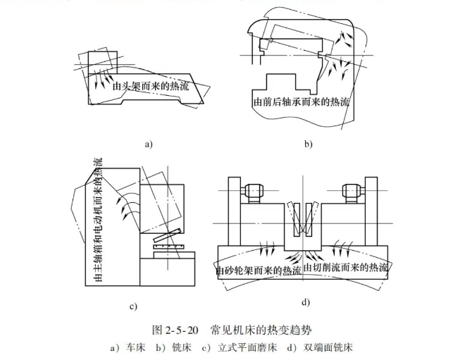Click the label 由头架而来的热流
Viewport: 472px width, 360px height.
pyautogui.click(x=149, y=88)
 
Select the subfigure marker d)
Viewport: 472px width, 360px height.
pyautogui.click(x=305, y=302)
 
